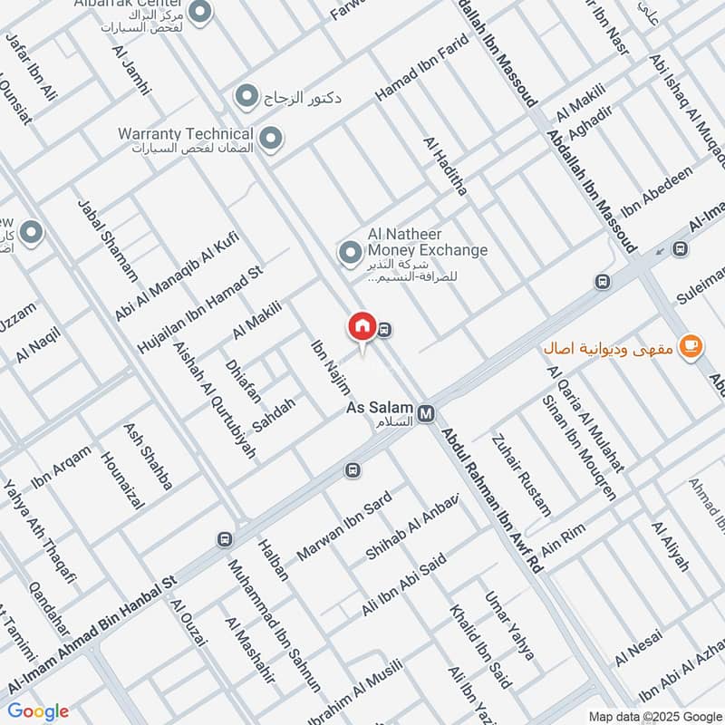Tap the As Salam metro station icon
(427, 413)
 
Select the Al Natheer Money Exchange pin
(347, 252)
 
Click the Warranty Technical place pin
(269, 139)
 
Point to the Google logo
(38, 711)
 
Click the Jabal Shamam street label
(108, 240)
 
